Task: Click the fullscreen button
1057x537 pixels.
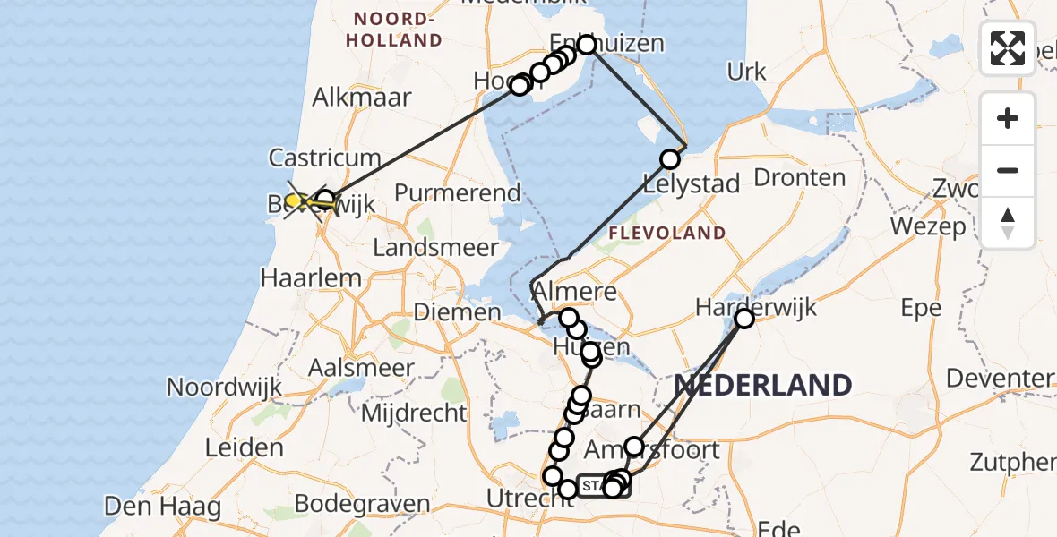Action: [1008, 48]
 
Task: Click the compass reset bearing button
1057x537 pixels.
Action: [1008, 222]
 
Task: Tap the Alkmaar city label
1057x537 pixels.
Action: [361, 98]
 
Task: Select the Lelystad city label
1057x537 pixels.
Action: [692, 184]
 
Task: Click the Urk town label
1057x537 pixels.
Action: [747, 72]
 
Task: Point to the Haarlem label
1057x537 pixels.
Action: [311, 277]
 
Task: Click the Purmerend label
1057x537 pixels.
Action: [457, 192]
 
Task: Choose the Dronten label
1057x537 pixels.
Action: [800, 177]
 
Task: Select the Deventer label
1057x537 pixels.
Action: [998, 378]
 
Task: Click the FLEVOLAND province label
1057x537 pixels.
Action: [666, 234]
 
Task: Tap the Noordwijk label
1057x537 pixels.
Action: [224, 388]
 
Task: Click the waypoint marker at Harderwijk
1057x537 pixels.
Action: [744, 318]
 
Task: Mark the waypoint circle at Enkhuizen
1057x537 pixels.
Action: [587, 45]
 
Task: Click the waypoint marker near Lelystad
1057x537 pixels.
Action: [670, 159]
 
